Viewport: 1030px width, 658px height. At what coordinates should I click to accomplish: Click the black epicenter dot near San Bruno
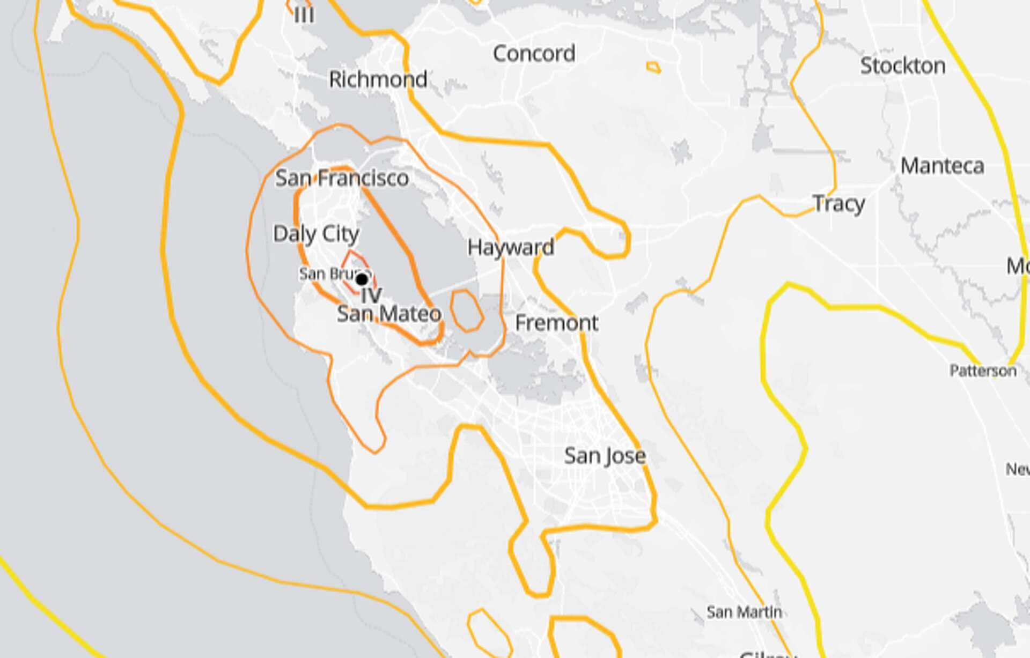[x=362, y=279]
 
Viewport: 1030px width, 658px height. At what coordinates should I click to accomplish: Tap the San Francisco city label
[x=342, y=178]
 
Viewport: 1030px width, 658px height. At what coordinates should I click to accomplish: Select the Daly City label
[x=316, y=234]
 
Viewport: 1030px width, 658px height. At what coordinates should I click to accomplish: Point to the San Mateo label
[x=389, y=314]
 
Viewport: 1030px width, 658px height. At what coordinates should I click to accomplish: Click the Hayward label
[x=511, y=247]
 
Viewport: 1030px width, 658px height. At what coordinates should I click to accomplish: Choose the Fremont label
[x=556, y=323]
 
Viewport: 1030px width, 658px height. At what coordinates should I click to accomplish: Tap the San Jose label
[x=605, y=456]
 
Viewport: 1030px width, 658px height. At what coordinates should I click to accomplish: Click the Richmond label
[x=378, y=79]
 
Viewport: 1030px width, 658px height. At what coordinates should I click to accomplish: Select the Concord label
[x=534, y=53]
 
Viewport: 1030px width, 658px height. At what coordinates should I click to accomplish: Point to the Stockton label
[x=902, y=65]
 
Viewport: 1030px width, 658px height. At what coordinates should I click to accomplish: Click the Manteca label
[x=942, y=166]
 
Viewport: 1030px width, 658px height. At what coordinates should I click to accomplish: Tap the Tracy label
[x=838, y=204]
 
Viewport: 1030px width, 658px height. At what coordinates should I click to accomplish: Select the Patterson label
[x=983, y=371]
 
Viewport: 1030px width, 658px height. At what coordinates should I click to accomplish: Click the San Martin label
[x=744, y=612]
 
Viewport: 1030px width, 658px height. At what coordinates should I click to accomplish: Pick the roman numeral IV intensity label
[x=371, y=295]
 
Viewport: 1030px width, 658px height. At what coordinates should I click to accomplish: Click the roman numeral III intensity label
[x=304, y=15]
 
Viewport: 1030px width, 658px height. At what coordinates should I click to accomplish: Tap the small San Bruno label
[x=327, y=273]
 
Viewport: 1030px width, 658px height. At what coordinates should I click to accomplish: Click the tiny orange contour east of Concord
[x=653, y=68]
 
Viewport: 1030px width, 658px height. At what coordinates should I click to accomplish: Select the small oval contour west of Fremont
[x=466, y=311]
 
